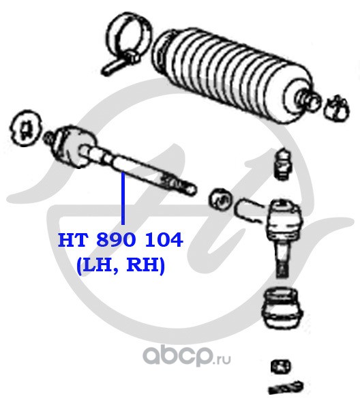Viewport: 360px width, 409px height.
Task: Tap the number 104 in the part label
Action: pyautogui.click(x=164, y=240)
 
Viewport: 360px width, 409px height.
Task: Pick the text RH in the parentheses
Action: pyautogui.click(x=142, y=265)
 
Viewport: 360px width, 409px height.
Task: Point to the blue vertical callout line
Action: pyautogui.click(x=123, y=199)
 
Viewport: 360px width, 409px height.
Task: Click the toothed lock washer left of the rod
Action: pyautogui.click(x=25, y=128)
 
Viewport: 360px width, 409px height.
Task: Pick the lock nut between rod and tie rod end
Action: pyautogui.click(x=221, y=200)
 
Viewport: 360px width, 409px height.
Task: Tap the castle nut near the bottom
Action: pyautogui.click(x=280, y=366)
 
